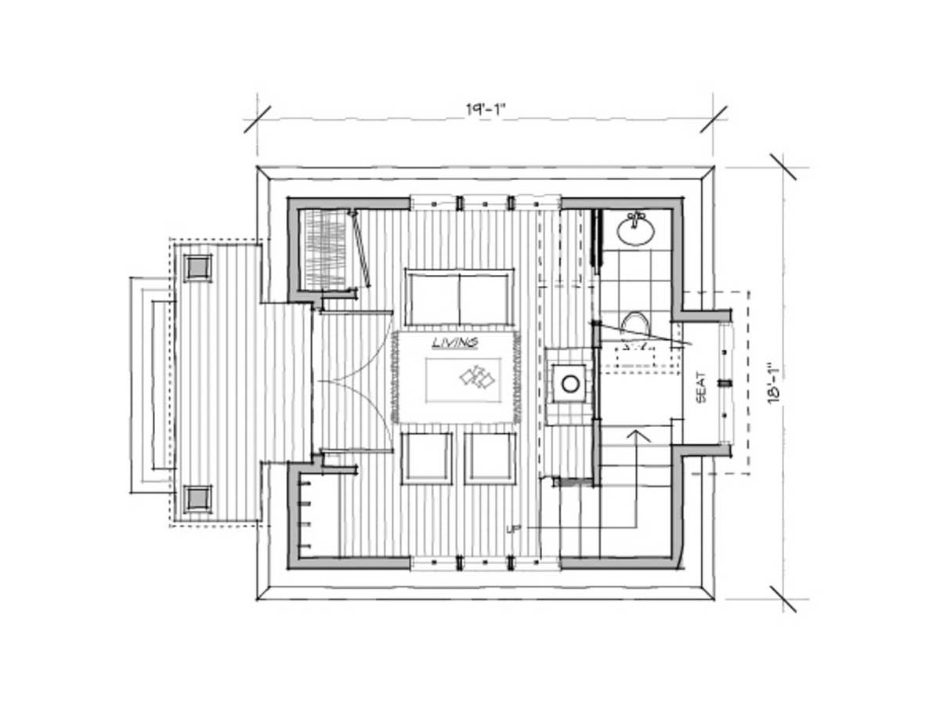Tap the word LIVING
(455, 343)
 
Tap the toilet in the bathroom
(635, 324)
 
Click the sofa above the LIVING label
(459, 298)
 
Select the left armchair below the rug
(427, 458)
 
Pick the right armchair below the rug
(490, 458)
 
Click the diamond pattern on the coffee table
(476, 377)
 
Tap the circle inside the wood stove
(570, 384)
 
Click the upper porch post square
(197, 268)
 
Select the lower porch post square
(197, 499)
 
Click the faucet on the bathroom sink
(635, 217)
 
